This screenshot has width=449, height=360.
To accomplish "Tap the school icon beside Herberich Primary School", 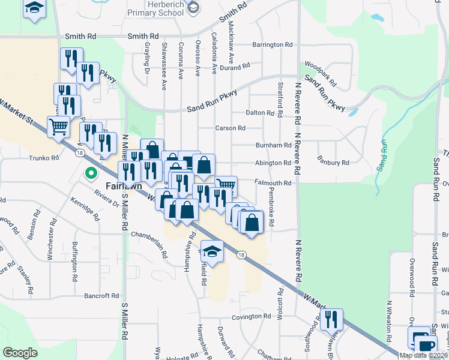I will tap(193, 7).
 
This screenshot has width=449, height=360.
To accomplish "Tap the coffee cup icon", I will tap(426, 345).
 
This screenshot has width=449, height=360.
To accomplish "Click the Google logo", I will tap(20, 353).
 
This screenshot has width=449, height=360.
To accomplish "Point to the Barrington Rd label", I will tap(272, 45).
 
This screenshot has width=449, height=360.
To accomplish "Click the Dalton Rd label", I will tap(260, 113).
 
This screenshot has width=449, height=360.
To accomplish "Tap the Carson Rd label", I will tap(231, 128).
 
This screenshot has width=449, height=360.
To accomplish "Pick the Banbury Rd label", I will tap(334, 163).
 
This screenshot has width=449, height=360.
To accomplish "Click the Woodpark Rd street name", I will tap(318, 70).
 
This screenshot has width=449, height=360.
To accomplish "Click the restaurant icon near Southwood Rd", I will tap(331, 319).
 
